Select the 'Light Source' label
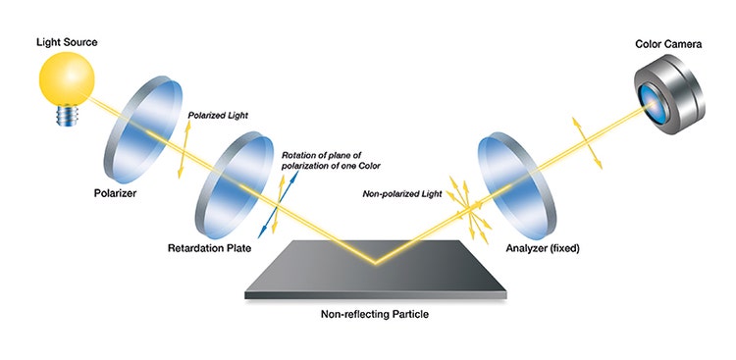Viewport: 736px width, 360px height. [x=68, y=43]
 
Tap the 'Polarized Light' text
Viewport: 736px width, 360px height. [x=217, y=115]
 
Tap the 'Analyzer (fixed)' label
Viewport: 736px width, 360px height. [x=544, y=249]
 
